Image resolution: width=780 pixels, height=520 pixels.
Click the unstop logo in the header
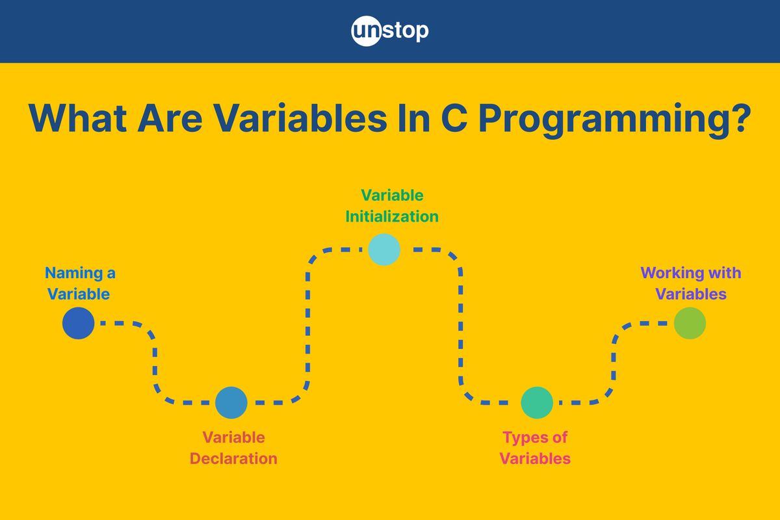[x=389, y=31]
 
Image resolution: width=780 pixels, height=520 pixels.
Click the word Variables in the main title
[x=300, y=118]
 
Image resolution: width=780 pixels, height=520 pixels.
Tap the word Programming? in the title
[x=615, y=120]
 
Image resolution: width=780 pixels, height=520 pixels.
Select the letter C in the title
[x=454, y=118]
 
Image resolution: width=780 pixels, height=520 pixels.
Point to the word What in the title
[x=77, y=118]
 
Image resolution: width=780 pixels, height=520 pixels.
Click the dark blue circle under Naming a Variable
[x=79, y=323]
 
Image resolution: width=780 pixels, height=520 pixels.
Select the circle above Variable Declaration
[x=231, y=402]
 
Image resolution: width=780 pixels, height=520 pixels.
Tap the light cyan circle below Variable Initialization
[x=384, y=250]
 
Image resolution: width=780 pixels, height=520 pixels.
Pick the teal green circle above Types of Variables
[x=537, y=402]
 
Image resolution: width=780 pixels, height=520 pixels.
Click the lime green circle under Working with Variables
[x=690, y=323]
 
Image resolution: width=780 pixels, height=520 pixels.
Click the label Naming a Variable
[x=80, y=283]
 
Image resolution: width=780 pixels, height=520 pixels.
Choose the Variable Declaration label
[x=233, y=448]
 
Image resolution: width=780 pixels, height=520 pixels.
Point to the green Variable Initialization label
[x=392, y=206]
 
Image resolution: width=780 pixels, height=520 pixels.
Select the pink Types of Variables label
[x=535, y=448]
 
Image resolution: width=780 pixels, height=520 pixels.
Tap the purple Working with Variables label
[x=691, y=283]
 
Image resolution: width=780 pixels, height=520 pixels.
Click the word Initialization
[x=392, y=216]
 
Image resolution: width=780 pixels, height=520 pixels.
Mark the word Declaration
[x=233, y=458]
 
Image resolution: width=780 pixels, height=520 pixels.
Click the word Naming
[x=74, y=274]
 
